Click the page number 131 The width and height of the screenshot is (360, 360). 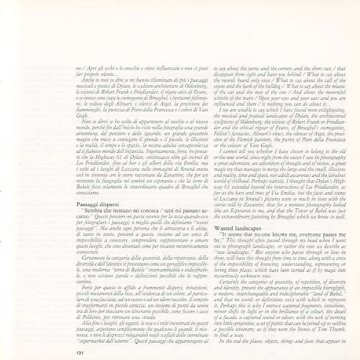79,352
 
